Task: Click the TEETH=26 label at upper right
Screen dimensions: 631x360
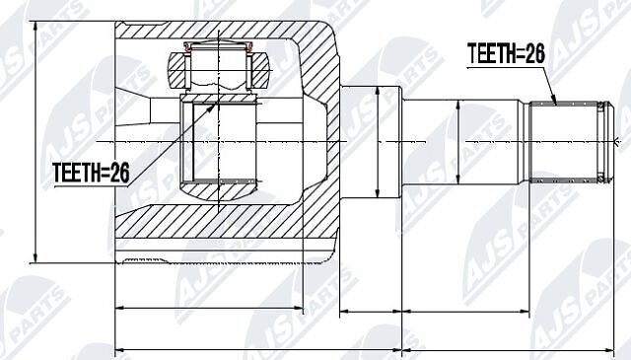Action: pos(506,53)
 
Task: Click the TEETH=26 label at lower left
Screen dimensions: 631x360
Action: pos(91,173)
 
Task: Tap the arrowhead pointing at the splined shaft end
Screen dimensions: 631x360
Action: pos(554,101)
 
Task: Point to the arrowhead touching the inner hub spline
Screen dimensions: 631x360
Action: pos(212,108)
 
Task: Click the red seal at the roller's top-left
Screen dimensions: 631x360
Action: pos(187,47)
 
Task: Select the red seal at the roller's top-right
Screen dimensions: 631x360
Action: pos(249,47)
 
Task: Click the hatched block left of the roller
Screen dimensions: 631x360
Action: pos(177,71)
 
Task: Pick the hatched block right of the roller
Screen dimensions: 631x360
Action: pos(259,71)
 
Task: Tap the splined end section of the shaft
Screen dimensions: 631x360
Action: pos(563,142)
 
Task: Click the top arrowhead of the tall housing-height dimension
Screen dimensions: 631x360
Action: pos(36,26)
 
